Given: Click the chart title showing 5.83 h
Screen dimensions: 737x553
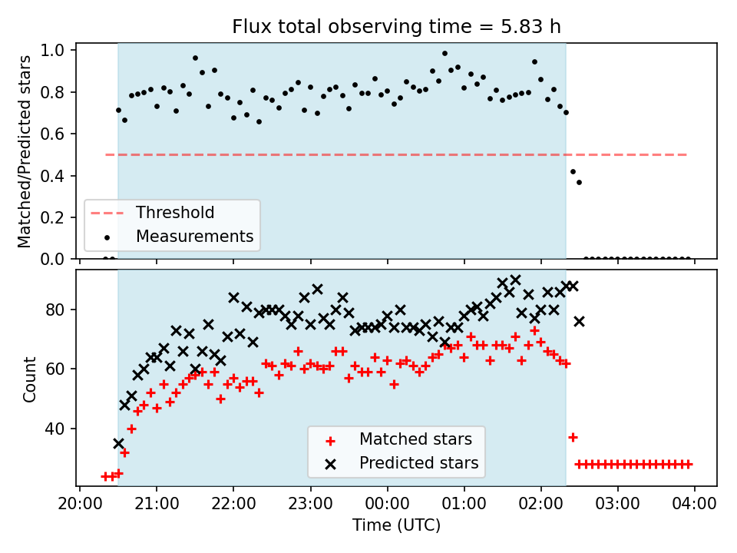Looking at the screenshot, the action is tap(396, 27).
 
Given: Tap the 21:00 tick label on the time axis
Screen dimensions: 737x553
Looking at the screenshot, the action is tap(157, 504).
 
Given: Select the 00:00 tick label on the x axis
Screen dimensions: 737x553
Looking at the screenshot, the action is tap(387, 504).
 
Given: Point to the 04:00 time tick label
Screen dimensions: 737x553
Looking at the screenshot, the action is tap(694, 504).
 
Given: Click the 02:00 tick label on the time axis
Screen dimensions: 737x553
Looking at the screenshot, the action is tap(540, 504).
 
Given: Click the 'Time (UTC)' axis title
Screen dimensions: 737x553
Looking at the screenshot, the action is tap(396, 525).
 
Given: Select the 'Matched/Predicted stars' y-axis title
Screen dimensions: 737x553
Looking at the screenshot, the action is tap(24, 151).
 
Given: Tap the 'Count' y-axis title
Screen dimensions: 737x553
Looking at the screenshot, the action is tap(29, 379).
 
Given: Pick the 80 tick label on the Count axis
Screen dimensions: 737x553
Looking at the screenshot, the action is tap(54, 310).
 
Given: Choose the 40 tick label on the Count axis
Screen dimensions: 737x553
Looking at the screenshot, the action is tap(54, 429).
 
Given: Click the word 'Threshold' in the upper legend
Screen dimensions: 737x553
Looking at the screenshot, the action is tap(175, 213).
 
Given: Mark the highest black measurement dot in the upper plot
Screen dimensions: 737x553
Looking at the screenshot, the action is tap(445, 54).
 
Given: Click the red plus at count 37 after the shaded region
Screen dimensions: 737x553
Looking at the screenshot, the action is tap(573, 437).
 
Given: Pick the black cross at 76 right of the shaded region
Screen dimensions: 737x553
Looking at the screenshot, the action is tap(579, 322).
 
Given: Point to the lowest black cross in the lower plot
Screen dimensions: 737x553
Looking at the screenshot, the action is tap(118, 443).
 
